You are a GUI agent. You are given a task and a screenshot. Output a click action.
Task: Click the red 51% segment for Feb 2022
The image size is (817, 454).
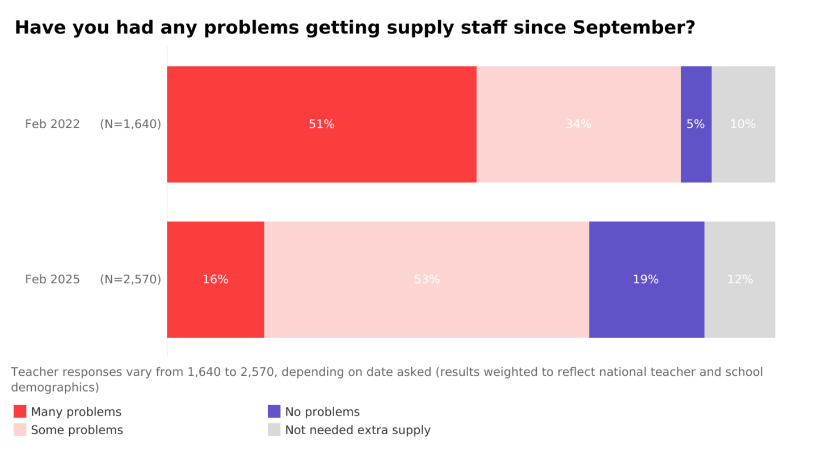[x=321, y=124]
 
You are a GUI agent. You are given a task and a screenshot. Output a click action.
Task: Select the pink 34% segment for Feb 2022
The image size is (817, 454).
[x=578, y=124]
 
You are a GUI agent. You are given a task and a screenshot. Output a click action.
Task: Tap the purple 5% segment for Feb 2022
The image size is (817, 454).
[x=696, y=124]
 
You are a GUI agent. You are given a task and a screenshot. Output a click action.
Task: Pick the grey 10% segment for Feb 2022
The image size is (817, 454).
[x=743, y=124]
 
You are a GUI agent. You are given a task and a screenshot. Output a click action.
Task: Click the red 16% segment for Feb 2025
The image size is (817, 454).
[x=215, y=280]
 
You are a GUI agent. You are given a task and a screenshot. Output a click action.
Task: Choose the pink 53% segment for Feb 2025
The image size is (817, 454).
[x=427, y=280]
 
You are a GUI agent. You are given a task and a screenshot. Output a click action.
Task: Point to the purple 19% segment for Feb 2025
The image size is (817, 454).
[x=646, y=280]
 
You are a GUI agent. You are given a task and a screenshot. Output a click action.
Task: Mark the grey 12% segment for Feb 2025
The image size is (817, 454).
[x=740, y=280]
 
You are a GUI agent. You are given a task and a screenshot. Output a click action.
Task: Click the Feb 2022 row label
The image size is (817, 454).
[x=52, y=124]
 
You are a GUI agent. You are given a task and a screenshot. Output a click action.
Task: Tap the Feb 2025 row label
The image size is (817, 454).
[x=52, y=280]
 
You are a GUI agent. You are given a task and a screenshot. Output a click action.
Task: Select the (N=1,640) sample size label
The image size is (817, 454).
[x=130, y=124]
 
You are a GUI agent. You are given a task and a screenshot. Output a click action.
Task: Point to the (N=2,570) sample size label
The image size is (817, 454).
[x=130, y=280]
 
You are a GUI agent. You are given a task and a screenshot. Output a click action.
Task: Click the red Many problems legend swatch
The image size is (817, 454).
[x=20, y=411]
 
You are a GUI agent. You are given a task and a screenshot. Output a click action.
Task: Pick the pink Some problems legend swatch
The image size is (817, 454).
[x=20, y=430]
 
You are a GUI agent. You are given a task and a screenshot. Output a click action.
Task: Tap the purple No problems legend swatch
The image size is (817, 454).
[x=274, y=411]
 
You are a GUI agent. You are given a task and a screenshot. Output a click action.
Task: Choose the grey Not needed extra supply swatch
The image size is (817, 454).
[x=274, y=430]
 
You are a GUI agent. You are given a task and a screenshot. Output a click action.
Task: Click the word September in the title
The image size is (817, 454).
[x=634, y=28]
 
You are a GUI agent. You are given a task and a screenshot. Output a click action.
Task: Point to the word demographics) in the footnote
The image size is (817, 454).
[x=55, y=388]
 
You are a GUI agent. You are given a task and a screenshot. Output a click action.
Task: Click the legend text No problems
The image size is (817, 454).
[x=322, y=412]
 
